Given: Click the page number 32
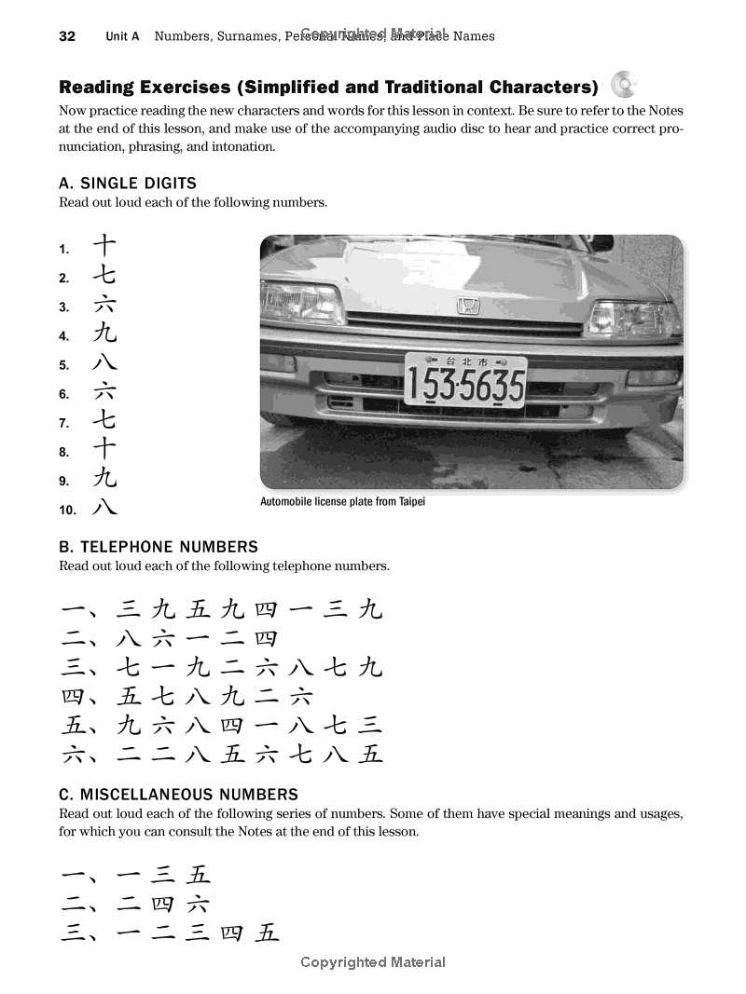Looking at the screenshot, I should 67,36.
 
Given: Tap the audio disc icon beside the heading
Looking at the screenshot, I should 624,85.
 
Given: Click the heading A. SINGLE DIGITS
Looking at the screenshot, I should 128,184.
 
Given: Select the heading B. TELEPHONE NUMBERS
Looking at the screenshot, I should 159,547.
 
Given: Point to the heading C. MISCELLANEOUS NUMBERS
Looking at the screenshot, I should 178,795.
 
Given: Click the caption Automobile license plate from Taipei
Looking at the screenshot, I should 341,502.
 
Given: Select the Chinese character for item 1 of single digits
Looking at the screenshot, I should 104,247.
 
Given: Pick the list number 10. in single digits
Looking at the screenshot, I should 67,510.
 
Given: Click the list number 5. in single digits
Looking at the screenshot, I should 64,365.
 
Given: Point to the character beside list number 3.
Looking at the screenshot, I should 104,305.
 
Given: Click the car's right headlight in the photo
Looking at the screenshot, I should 632,318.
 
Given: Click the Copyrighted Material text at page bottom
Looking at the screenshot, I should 373,962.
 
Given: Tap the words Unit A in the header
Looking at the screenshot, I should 122,36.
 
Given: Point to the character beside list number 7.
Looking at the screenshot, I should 104,420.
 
